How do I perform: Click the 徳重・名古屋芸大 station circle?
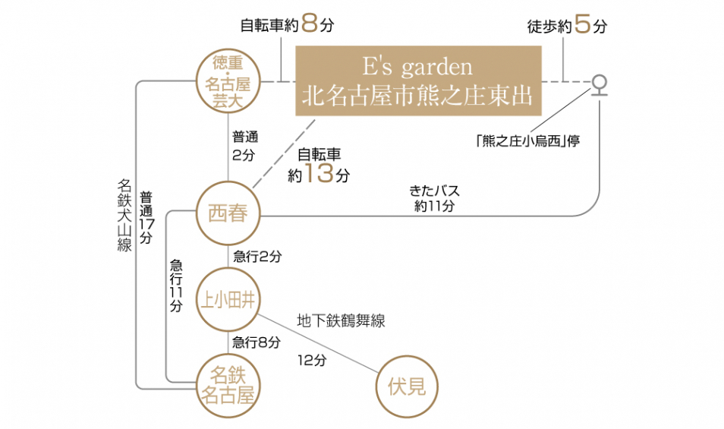tap(228, 82)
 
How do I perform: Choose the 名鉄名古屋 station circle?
tap(228, 385)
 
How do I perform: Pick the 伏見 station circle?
tap(407, 387)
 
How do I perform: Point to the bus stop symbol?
tap(600, 85)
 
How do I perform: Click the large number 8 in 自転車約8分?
tap(308, 24)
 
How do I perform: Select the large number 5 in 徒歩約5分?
tap(582, 24)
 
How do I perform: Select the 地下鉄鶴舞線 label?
tap(341, 321)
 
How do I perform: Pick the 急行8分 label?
tap(257, 342)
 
